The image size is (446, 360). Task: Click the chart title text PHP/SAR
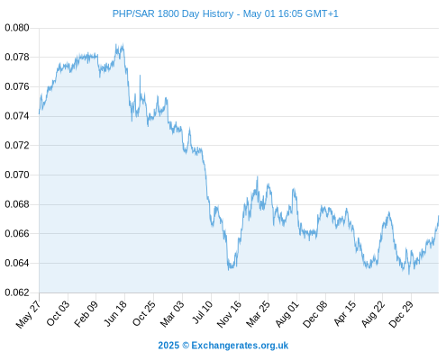point(134,13)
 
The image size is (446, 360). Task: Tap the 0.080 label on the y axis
point(17,28)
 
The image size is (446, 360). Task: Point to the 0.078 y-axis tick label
point(17,57)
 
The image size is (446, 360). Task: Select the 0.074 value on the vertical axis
point(17,116)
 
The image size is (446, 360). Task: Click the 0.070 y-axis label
point(17,175)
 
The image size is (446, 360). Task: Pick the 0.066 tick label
point(17,233)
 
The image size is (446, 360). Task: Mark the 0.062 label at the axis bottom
point(17,292)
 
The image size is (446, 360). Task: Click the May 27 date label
point(28,314)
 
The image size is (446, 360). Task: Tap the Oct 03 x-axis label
point(58,313)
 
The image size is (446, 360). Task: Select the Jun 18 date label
point(115,313)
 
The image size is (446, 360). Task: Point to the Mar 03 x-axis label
point(172,313)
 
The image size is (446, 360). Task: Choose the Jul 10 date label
point(202,312)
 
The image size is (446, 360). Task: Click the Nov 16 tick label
point(229,314)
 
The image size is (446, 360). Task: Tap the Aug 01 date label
point(287,313)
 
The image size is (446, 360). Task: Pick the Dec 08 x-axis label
point(314,314)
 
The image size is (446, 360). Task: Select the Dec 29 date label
point(401,314)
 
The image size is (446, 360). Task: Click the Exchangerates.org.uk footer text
point(240,346)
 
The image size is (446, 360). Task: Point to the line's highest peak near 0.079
point(116,44)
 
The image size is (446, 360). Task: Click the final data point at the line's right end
point(439,216)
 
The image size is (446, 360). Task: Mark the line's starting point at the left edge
point(39,113)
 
